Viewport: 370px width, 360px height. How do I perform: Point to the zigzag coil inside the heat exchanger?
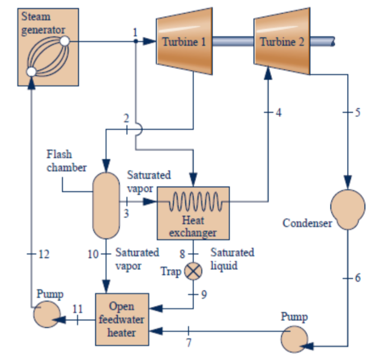[x=193, y=203]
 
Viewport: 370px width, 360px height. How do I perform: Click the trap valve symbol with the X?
[x=193, y=272]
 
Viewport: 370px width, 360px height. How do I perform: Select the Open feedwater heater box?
[x=122, y=320]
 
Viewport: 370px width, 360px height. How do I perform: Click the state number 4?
[x=279, y=113]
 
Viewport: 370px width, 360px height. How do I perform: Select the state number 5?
[x=358, y=113]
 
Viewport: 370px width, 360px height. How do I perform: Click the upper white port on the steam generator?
[x=64, y=41]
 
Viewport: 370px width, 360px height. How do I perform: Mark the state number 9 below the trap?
[x=203, y=294]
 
